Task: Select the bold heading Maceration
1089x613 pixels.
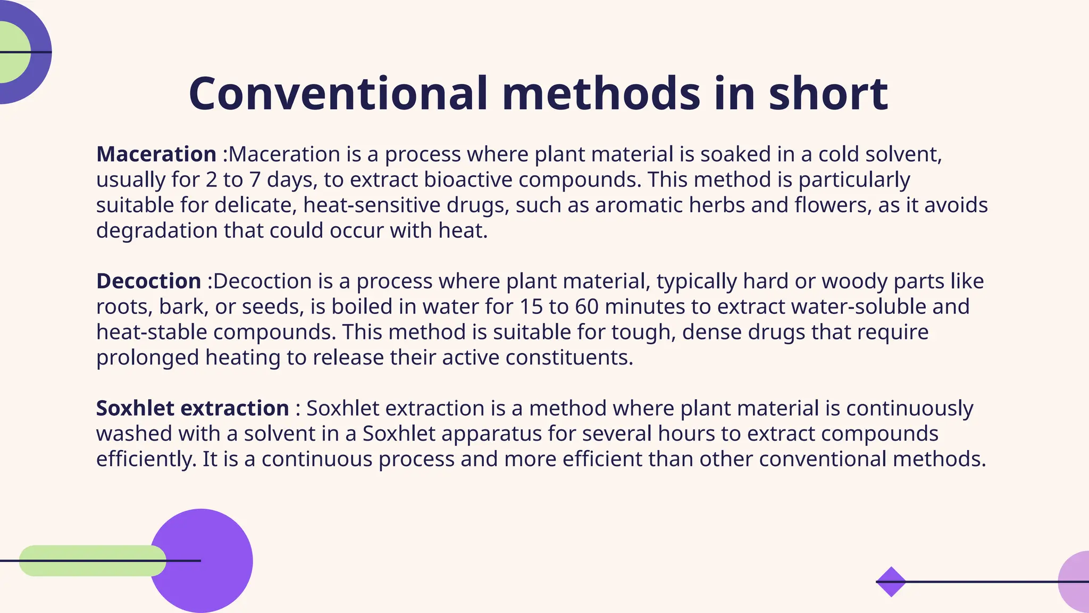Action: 156,154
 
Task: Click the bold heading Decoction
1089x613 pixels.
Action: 149,281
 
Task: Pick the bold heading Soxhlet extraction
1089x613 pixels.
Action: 192,408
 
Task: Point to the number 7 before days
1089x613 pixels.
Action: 255,180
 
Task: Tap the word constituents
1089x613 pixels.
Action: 569,357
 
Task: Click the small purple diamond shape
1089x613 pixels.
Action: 891,582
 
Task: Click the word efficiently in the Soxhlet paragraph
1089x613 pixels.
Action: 146,459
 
